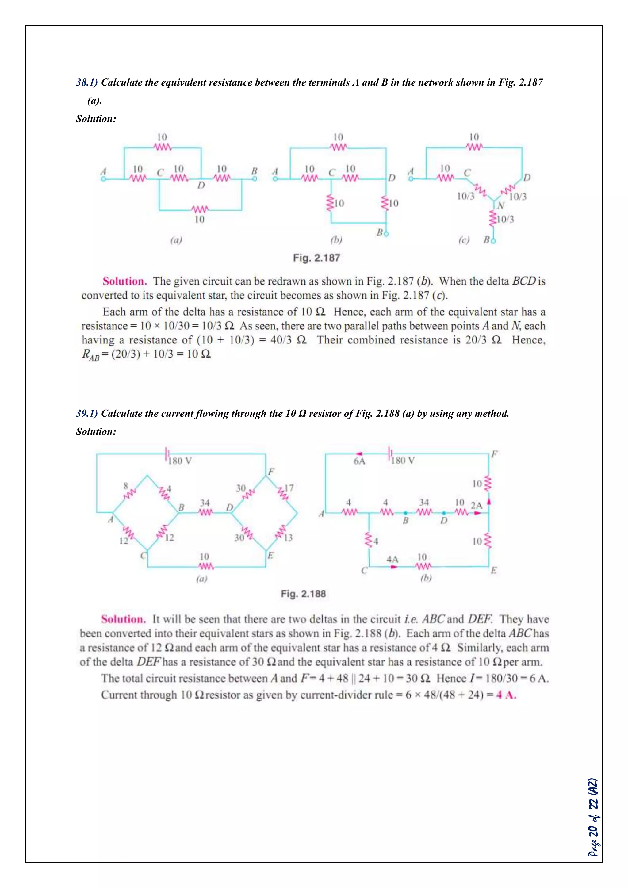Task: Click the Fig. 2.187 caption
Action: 316,258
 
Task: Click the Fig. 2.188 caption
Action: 303,594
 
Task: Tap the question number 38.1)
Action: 86,82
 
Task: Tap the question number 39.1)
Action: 86,413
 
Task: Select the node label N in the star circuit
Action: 501,205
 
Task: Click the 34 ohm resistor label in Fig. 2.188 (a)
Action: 205,503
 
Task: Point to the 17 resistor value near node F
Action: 289,488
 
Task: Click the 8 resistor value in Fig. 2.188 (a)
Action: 126,486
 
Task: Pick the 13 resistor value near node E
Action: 288,538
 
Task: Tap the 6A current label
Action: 359,461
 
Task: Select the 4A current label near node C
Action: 392,559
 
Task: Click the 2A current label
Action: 477,506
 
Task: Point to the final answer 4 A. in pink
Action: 506,695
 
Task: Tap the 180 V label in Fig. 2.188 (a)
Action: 180,461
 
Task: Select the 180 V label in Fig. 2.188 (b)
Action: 403,460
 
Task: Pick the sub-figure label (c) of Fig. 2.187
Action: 464,240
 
